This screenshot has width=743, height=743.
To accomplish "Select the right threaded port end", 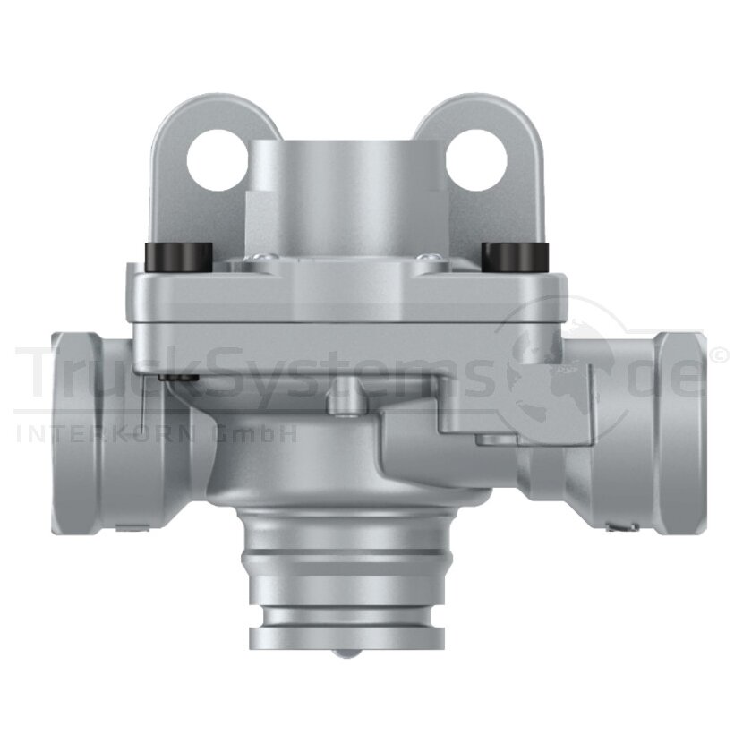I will tap(680, 407).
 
